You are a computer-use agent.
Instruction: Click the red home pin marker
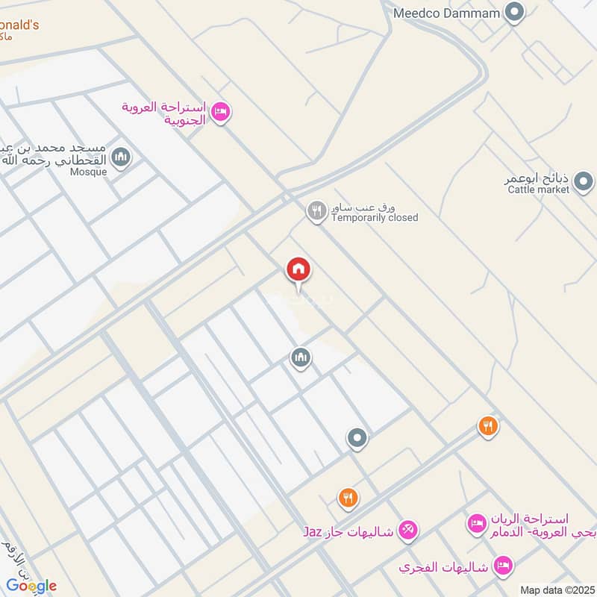[x=299, y=269]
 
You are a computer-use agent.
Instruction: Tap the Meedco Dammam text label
[x=445, y=13]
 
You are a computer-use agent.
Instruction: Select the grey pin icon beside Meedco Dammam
[x=513, y=12]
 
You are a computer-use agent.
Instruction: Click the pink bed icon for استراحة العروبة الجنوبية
[x=220, y=113]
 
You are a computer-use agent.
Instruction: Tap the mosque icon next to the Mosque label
[x=121, y=157]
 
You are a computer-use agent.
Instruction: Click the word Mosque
[x=89, y=172]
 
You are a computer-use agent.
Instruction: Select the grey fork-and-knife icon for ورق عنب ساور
[x=316, y=211]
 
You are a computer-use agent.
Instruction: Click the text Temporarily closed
[x=375, y=218]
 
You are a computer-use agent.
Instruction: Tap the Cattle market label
[x=538, y=190]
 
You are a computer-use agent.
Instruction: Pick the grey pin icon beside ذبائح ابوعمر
[x=584, y=181]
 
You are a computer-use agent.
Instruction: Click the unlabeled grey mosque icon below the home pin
[x=301, y=358]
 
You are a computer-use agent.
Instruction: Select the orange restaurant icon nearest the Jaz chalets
[x=348, y=497]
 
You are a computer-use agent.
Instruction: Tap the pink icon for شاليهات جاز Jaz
[x=407, y=531]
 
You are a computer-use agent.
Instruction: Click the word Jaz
[x=312, y=531]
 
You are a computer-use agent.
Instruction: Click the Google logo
[x=31, y=585]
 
